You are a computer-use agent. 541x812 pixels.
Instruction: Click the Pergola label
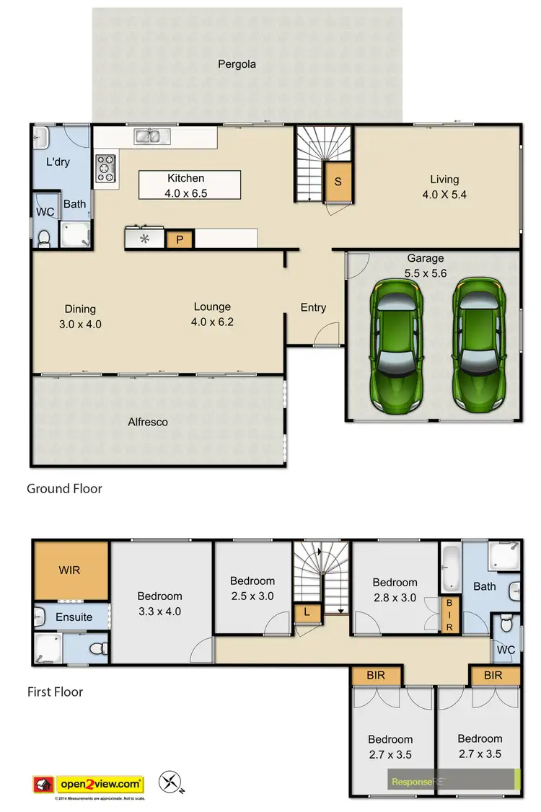pos(237,64)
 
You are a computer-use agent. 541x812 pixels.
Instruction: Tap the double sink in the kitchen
pos(151,136)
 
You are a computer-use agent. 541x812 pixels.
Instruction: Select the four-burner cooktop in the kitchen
pos(105,167)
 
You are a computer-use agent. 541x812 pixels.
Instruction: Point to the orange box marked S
pos(338,182)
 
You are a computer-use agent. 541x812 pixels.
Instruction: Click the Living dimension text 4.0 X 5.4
pos(444,194)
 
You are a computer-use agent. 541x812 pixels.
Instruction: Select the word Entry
pos(313,307)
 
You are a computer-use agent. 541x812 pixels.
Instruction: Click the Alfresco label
pos(148,422)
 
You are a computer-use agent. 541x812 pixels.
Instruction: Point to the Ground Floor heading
pos(64,489)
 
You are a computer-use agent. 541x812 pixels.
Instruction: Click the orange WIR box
pos(70,570)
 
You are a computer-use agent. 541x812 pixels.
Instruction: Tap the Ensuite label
pos(74,617)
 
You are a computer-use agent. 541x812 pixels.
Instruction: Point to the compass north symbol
pos(172,782)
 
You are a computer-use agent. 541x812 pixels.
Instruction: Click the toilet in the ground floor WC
pos(43,237)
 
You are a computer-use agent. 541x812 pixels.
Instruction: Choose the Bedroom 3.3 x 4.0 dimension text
pos(159,612)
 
